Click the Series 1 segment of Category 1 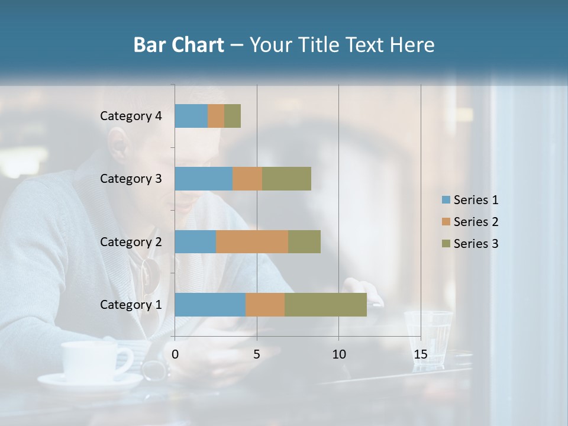point(210,305)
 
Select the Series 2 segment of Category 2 point(252,241)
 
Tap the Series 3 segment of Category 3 point(287,179)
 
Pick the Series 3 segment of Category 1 point(325,305)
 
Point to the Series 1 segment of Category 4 point(191,116)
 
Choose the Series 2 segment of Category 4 point(216,116)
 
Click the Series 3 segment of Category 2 point(304,241)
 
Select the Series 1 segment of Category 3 point(204,179)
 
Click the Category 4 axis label point(131,116)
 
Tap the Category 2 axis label point(131,241)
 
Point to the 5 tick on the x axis point(257,354)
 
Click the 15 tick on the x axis point(420,354)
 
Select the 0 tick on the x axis point(175,354)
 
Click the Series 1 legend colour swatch point(446,200)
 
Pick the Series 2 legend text point(476,222)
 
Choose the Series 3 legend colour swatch point(446,244)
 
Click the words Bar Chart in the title point(178,45)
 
